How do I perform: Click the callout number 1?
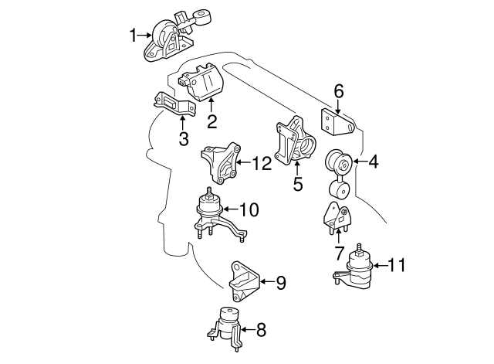pos(133,35)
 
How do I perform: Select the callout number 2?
pos(211,121)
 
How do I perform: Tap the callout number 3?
pos(183,139)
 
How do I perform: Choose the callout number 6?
pos(338,91)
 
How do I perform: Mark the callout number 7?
pos(338,252)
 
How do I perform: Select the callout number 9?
pos(280,284)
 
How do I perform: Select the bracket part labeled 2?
pos(202,84)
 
